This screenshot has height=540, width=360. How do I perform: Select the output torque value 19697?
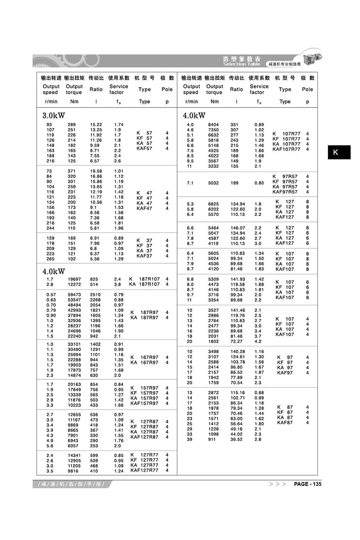(74, 279)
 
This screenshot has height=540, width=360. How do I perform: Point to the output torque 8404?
(214, 124)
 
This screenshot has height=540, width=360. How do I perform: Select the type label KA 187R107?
(144, 284)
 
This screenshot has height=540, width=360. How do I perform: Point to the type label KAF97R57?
(285, 191)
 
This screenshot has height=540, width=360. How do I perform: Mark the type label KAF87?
(285, 423)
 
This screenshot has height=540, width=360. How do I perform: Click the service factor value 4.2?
(258, 342)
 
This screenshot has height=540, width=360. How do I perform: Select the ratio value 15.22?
(96, 124)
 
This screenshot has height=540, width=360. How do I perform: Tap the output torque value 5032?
(214, 183)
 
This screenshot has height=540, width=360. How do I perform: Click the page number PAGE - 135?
(307, 484)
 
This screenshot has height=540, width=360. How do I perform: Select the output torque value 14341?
(74, 455)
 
